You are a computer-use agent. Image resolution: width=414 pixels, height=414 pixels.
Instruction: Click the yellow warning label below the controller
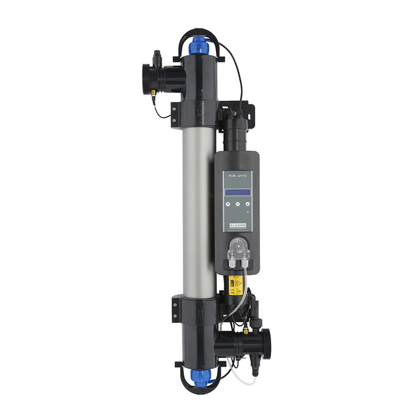click(x=236, y=284)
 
